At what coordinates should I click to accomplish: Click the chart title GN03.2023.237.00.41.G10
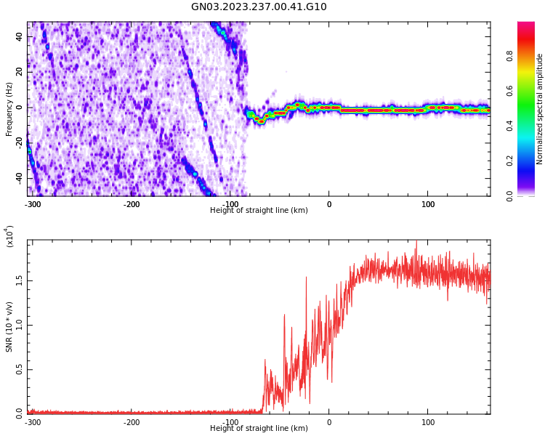pyautogui.click(x=259, y=7)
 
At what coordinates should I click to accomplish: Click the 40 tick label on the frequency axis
pyautogui.click(x=19, y=36)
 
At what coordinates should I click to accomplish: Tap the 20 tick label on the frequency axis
pyautogui.click(x=19, y=72)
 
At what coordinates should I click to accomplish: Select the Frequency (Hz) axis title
pyautogui.click(x=9, y=109)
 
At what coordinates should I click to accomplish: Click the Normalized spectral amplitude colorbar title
pyautogui.click(x=540, y=109)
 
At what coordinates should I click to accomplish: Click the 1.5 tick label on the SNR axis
pyautogui.click(x=19, y=281)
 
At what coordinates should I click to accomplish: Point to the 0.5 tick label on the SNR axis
pyautogui.click(x=19, y=370)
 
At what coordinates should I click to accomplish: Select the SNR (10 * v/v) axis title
pyautogui.click(x=9, y=327)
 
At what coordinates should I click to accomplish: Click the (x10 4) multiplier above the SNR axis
pyautogui.click(x=10, y=236)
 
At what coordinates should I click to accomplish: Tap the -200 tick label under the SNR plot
pyautogui.click(x=132, y=422)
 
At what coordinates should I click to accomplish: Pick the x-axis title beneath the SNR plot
pyautogui.click(x=259, y=429)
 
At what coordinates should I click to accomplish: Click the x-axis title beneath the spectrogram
pyautogui.click(x=259, y=211)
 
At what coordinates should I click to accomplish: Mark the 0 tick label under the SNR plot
pyautogui.click(x=328, y=422)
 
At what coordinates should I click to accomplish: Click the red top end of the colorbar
pyautogui.click(x=526, y=26)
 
